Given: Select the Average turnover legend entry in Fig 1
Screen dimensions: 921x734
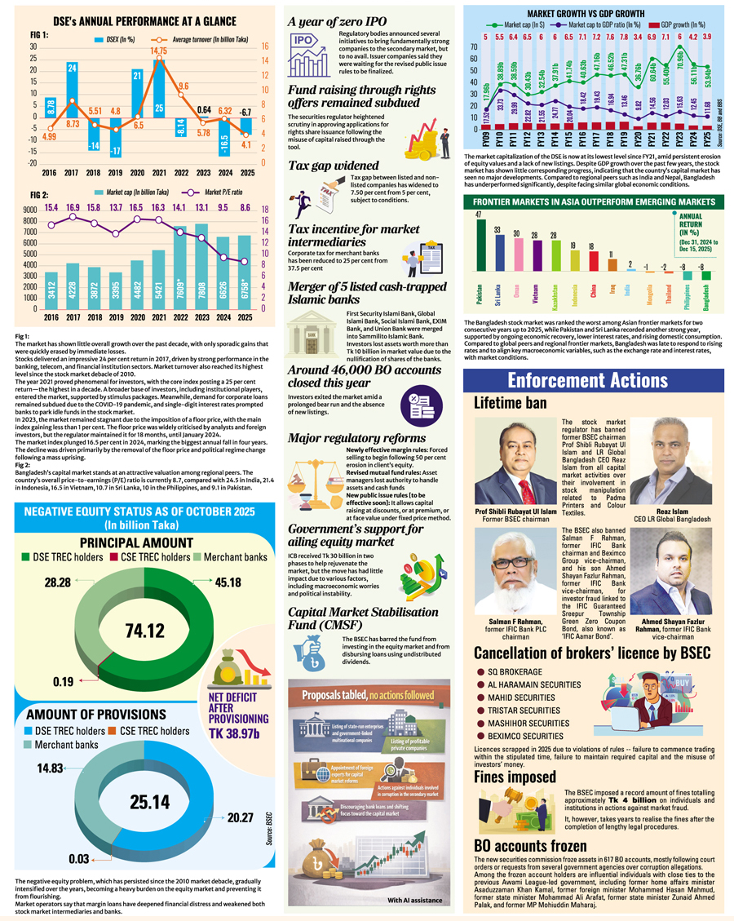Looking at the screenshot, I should (183, 38).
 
